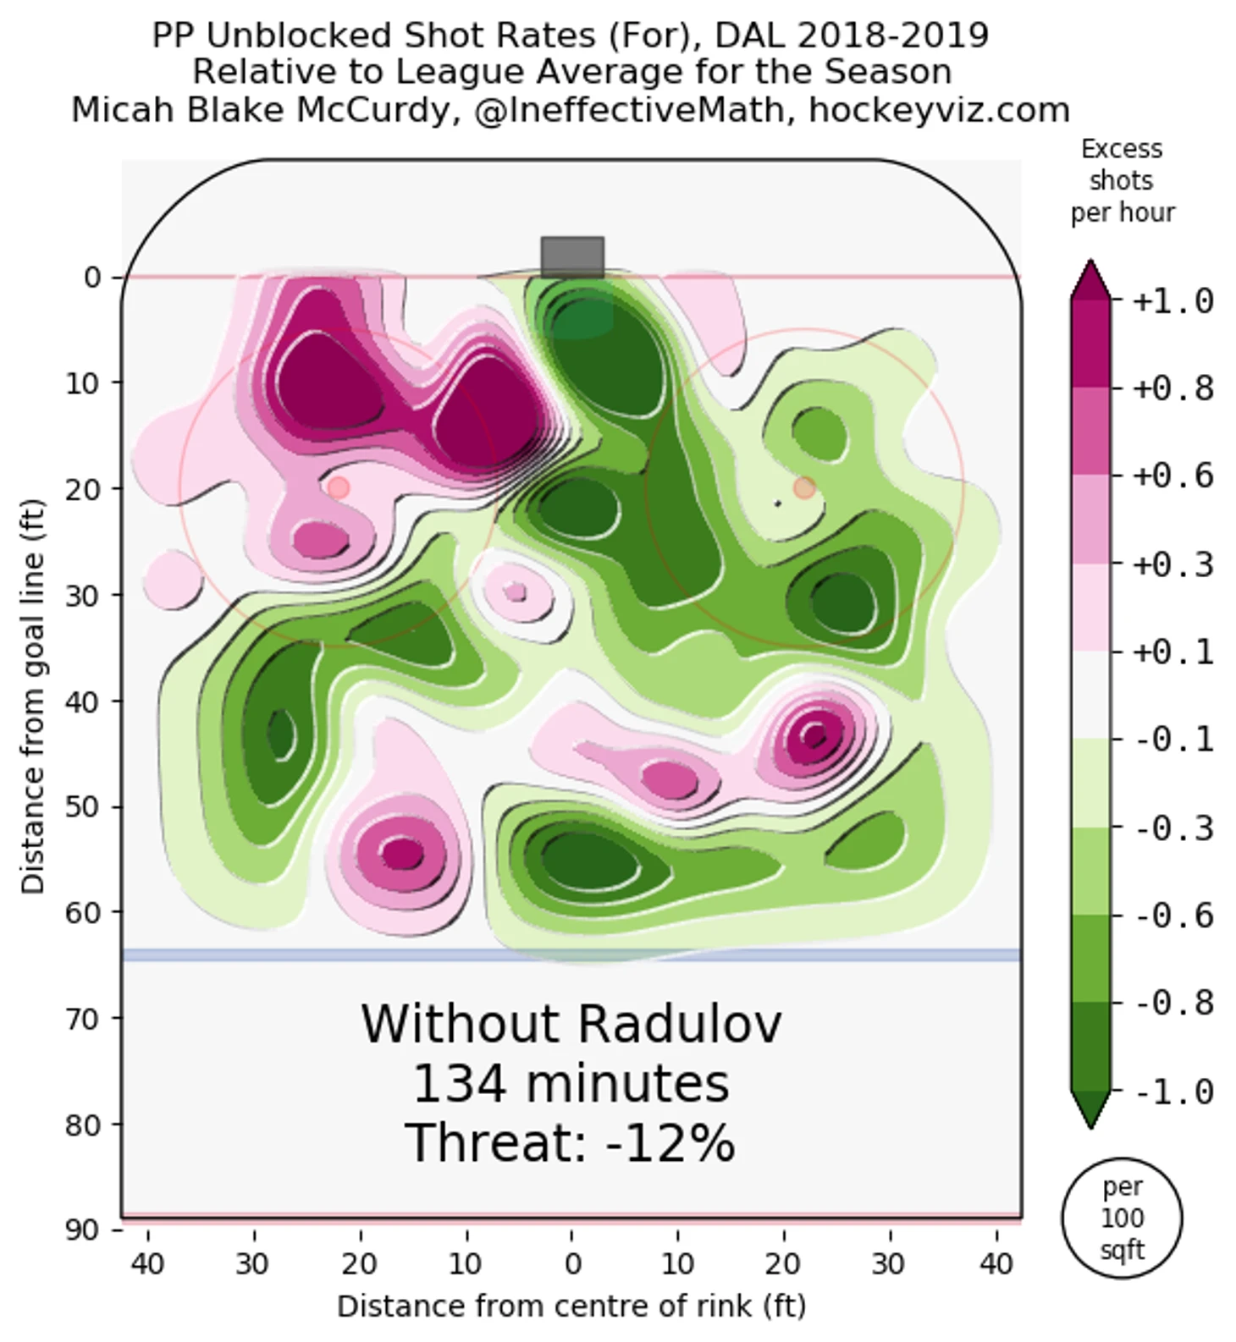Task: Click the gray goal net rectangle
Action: click(572, 257)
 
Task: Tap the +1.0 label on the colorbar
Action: click(1173, 301)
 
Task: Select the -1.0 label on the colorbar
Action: click(1173, 1092)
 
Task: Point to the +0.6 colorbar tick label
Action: click(1173, 476)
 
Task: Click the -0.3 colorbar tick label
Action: click(1173, 828)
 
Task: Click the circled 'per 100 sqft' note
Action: click(1122, 1218)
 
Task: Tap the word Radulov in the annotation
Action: click(680, 1024)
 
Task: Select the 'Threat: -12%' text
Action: click(570, 1142)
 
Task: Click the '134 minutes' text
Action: click(570, 1084)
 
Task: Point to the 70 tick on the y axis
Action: click(82, 1018)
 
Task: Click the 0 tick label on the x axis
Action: click(572, 1264)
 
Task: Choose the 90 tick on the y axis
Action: click(82, 1229)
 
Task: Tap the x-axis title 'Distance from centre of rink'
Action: click(571, 1306)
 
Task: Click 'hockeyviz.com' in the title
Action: click(939, 110)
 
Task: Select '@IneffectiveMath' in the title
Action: click(629, 110)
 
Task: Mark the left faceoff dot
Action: click(338, 487)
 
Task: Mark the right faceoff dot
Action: click(804, 487)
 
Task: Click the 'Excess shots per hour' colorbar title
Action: click(1122, 180)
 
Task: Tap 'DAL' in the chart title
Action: click(750, 36)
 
